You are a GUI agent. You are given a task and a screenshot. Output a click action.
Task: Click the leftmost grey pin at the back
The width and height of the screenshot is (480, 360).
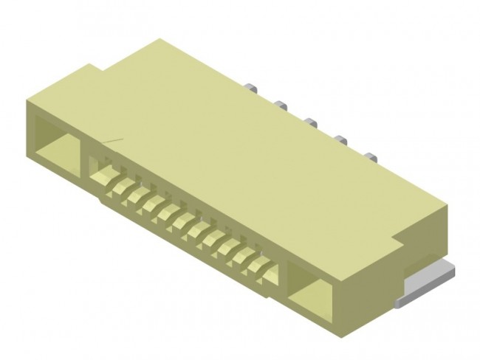pos(252,89)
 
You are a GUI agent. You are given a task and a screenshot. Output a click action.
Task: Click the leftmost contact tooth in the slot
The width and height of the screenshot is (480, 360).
pos(104,177)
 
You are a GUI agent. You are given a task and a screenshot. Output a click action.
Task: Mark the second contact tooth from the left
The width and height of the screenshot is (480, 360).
pos(120,186)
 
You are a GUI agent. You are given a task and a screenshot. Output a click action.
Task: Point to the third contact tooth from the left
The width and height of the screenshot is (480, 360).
pos(137,195)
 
